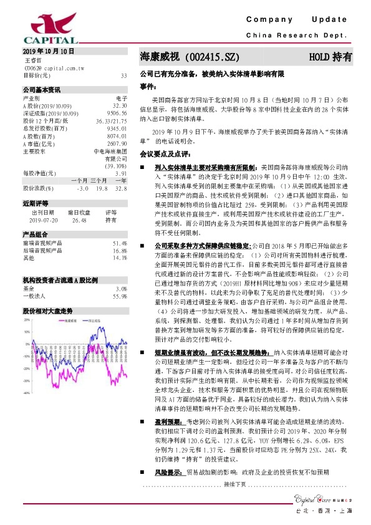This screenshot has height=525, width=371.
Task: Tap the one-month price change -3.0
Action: pos(82,188)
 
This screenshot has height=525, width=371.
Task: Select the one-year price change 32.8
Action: pos(121,188)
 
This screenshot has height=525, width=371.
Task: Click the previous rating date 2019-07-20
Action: pos(42,219)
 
